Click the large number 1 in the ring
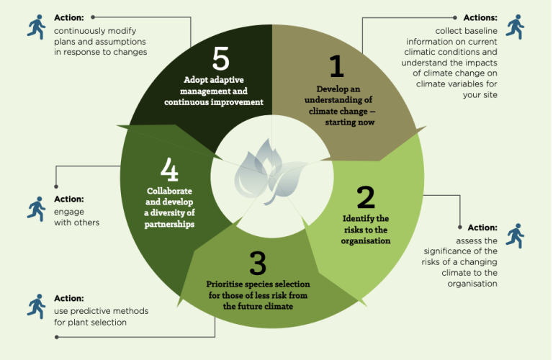pyautogui.click(x=336, y=67)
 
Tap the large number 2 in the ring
pyautogui.click(x=365, y=197)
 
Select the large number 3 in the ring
pyautogui.click(x=258, y=264)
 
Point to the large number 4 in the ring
pyautogui.click(x=169, y=171)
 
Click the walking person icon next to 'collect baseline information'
pyautogui.click(x=514, y=27)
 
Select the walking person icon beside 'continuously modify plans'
pyautogui.click(x=36, y=27)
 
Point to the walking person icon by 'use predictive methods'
pyautogui.click(x=36, y=307)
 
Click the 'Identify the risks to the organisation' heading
pyautogui.click(x=365, y=229)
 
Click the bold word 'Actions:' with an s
pyautogui.click(x=480, y=17)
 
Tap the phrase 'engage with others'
pyautogui.click(x=76, y=217)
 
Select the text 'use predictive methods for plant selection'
pyautogui.click(x=101, y=316)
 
